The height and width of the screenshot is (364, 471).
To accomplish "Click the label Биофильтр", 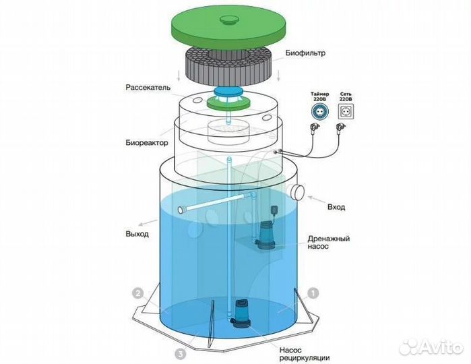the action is [305, 53].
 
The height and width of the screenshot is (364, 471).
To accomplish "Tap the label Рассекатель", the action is [148, 88].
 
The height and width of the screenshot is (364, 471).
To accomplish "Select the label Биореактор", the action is [147, 142].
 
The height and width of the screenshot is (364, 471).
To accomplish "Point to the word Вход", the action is [336, 207].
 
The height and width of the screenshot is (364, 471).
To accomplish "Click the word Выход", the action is [137, 233].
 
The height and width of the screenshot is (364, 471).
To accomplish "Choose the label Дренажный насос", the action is [329, 242].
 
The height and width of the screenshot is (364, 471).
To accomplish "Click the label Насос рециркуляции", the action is [305, 354].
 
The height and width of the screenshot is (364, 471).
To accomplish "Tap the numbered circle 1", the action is [313, 293].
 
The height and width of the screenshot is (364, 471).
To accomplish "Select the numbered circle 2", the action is [138, 293].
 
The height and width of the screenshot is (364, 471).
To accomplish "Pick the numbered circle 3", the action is [180, 355].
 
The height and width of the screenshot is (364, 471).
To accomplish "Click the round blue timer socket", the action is [320, 111].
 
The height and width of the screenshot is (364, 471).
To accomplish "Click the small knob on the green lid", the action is [229, 20].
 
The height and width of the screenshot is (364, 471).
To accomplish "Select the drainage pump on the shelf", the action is [265, 235].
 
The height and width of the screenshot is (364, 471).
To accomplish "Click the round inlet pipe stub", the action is [296, 191].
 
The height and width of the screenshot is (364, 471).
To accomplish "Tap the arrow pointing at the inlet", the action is [316, 200].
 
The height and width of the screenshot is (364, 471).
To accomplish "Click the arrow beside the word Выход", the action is [148, 222].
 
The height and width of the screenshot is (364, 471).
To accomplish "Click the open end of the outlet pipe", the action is [181, 210].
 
